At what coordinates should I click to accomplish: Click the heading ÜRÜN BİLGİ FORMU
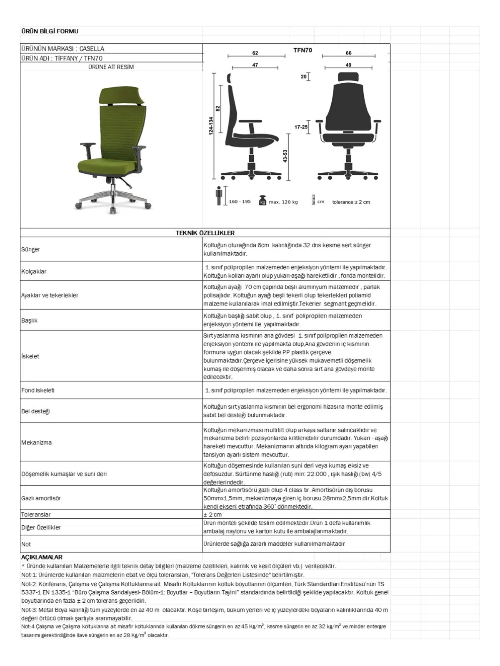(x=50, y=31)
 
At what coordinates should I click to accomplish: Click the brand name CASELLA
(x=92, y=49)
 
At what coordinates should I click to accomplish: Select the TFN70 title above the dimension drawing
(x=302, y=50)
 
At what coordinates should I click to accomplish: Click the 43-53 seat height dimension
(x=285, y=156)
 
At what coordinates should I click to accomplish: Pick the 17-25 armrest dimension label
(x=300, y=127)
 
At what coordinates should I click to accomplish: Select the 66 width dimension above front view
(x=348, y=53)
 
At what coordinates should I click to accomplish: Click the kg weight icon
(x=262, y=200)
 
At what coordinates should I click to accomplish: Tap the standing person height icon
(x=218, y=196)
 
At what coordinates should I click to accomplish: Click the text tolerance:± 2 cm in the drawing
(x=351, y=202)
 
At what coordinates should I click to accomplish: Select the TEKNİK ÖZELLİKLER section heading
(x=205, y=233)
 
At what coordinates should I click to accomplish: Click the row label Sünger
(x=30, y=249)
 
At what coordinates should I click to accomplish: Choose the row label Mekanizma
(x=37, y=442)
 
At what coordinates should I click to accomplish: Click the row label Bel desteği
(x=35, y=411)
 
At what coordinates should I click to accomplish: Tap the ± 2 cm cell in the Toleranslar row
(x=212, y=514)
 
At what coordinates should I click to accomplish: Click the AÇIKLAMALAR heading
(x=42, y=557)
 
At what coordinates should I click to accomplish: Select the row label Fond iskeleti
(x=38, y=390)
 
